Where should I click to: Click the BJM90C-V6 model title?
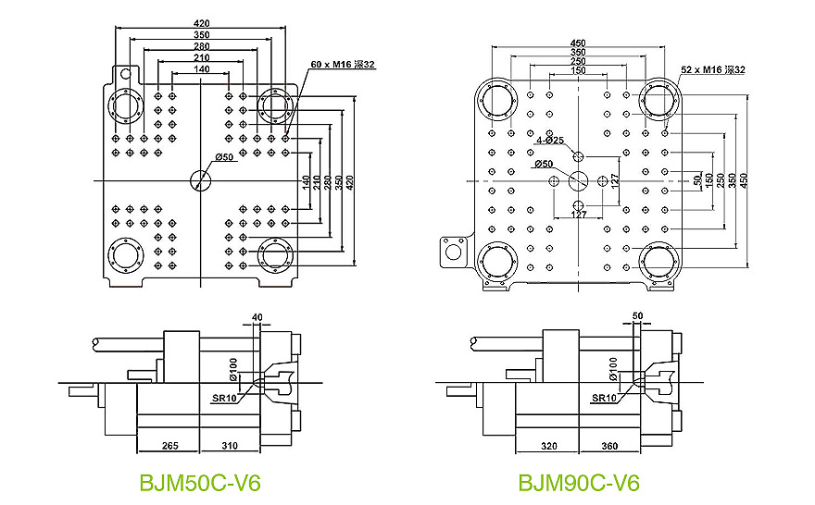(x=579, y=483)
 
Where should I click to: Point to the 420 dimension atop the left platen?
(x=201, y=23)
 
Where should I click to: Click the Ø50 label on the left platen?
(x=223, y=157)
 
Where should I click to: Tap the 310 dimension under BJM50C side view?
(x=229, y=446)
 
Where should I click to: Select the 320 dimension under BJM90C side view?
(x=548, y=446)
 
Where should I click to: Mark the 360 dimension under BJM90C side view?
(x=609, y=446)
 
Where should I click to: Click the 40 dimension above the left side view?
(x=257, y=318)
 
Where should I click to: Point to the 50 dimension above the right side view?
(x=637, y=316)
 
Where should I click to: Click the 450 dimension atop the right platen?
(x=578, y=43)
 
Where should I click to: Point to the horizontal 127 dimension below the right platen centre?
(x=578, y=215)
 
